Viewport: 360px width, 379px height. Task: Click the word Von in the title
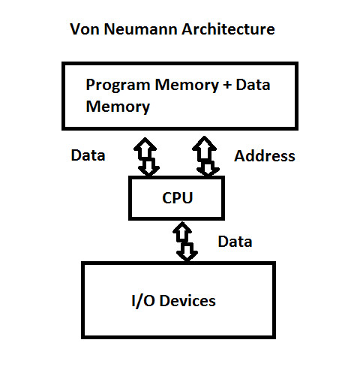click(83, 30)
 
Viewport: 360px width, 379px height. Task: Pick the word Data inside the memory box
click(252, 85)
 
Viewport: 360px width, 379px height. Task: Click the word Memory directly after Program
click(182, 85)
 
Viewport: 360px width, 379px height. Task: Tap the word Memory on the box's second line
click(118, 107)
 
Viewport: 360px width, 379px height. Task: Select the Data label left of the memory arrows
click(88, 156)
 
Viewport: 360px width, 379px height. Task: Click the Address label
click(265, 156)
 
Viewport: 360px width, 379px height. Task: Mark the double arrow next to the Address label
click(206, 155)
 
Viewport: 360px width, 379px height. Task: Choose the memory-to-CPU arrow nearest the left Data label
click(147, 155)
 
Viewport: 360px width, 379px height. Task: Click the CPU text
click(177, 199)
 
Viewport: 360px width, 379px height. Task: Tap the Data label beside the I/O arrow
click(235, 242)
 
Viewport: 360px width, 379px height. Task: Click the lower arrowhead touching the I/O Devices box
click(187, 254)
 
